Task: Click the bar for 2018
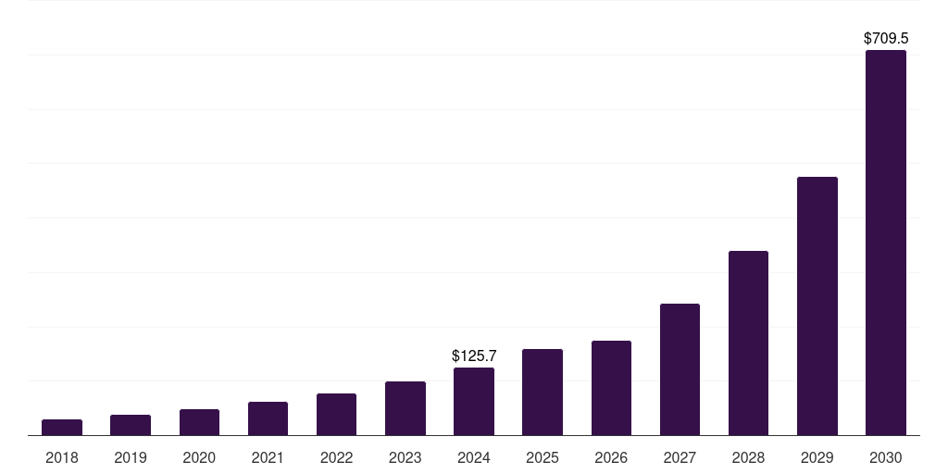(62, 427)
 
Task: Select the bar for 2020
(199, 422)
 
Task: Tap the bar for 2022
(336, 414)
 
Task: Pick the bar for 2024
(474, 401)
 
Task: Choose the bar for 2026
(611, 388)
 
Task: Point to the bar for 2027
(680, 369)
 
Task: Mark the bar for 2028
(748, 343)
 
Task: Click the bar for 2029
(817, 306)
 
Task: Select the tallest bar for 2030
(886, 243)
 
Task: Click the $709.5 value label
(886, 39)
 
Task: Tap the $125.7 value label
(474, 355)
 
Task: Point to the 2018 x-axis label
(62, 457)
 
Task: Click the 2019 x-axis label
(131, 457)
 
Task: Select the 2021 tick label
(268, 457)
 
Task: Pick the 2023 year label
(405, 457)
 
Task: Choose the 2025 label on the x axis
(543, 457)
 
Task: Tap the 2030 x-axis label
(886, 457)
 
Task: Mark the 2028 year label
(748, 457)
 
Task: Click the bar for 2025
(543, 392)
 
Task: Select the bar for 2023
(405, 408)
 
